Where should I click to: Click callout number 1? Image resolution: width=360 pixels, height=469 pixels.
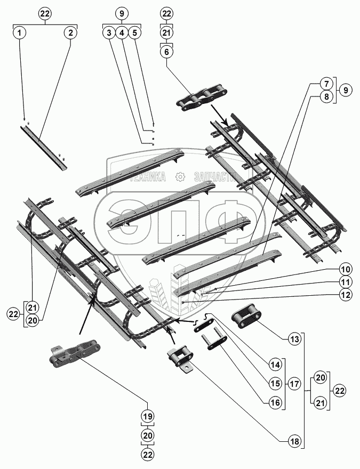20,33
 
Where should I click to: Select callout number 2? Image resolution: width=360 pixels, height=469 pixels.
70,33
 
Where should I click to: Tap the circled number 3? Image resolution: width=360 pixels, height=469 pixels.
109,33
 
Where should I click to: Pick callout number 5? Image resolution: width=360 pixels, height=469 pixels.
135,33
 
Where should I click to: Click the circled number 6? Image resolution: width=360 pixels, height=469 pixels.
167,52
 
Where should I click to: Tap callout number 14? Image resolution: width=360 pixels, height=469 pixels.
275,365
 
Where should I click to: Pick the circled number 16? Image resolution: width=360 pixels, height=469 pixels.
275,403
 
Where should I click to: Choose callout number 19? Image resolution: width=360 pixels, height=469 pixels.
147,416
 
